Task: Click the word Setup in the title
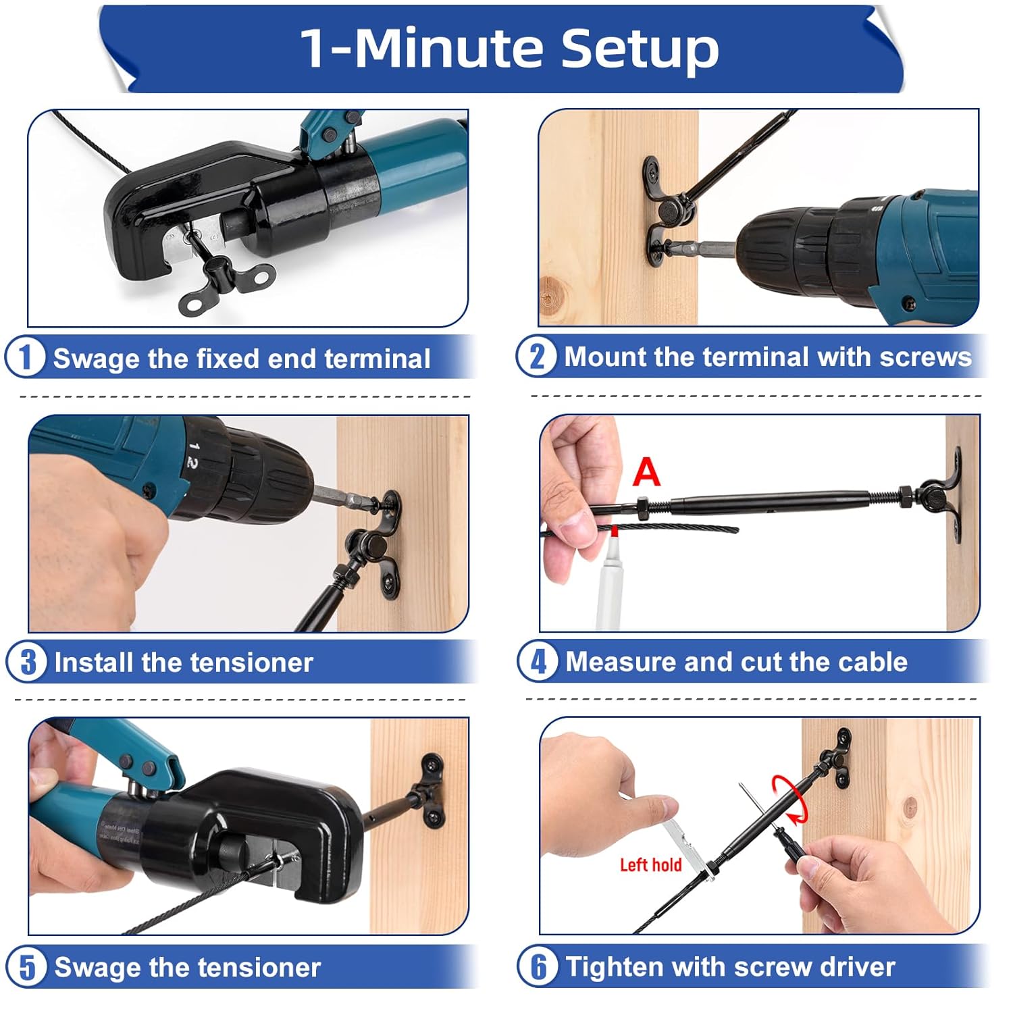640,49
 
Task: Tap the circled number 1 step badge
26,357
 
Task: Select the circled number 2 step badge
537,356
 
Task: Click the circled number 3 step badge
27,662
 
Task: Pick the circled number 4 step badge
538,661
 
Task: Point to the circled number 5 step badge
27,966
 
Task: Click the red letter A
646,472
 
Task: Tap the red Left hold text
650,865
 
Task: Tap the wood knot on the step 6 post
910,806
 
